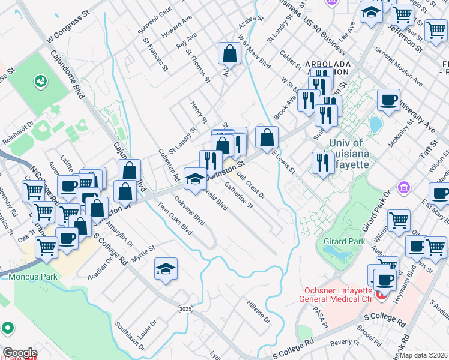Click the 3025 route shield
coord(185,308)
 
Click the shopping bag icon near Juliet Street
coord(229,54)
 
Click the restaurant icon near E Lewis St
coord(323,162)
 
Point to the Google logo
coord(20,353)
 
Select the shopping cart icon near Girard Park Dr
coord(399,221)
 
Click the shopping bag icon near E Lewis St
coord(267,137)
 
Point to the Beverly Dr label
coord(345,343)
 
